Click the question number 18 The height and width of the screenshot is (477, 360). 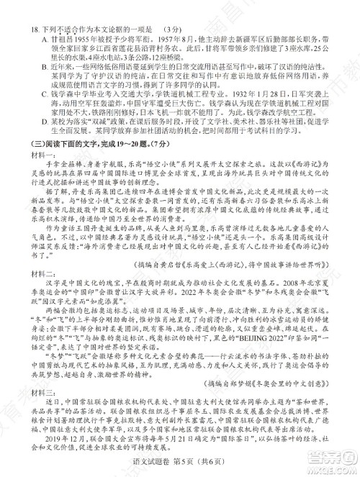[27, 9]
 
